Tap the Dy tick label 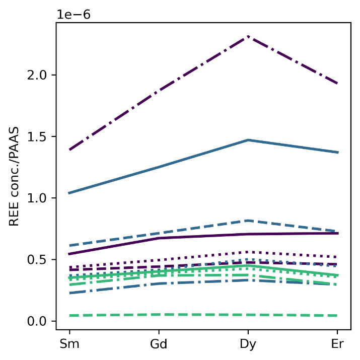tap(248, 344)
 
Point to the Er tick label tap(337, 344)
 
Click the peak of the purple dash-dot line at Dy tap(248, 37)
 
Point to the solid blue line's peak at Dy tap(248, 140)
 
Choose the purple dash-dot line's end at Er tap(337, 84)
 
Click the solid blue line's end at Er tap(337, 152)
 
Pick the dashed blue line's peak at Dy tap(248, 221)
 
